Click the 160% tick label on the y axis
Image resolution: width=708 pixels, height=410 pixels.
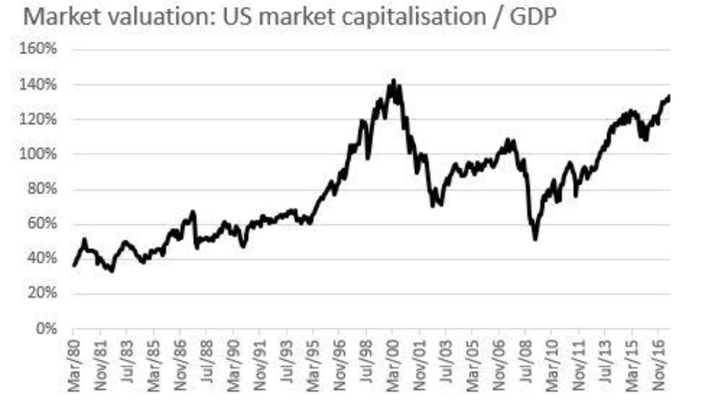pyautogui.click(x=43, y=50)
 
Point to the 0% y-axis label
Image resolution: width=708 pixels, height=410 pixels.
pyautogui.click(x=48, y=328)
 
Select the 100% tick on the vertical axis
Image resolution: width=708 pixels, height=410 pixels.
pyautogui.click(x=43, y=154)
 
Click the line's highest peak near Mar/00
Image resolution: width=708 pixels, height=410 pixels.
pyautogui.click(x=393, y=81)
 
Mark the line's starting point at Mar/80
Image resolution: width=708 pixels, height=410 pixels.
pyautogui.click(x=74, y=266)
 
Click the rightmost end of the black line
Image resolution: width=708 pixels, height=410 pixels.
pyautogui.click(x=669, y=96)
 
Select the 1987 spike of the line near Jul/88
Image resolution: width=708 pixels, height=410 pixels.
pyautogui.click(x=193, y=211)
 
